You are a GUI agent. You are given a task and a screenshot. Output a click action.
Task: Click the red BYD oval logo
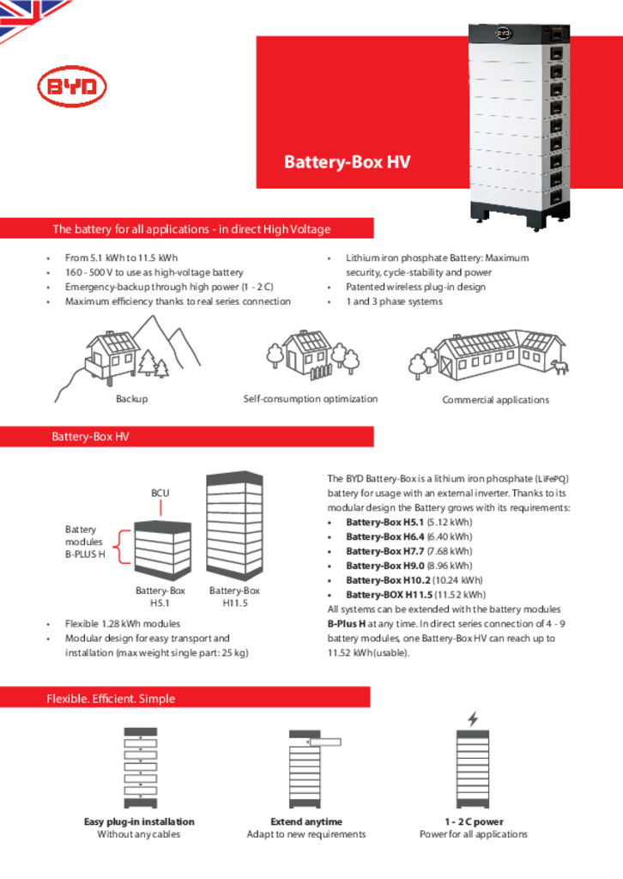pos(72,88)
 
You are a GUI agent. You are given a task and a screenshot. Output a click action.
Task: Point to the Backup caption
pos(131,399)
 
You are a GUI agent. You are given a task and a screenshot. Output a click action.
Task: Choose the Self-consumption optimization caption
pos(310,399)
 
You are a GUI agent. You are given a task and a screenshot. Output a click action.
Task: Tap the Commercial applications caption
pos(495,400)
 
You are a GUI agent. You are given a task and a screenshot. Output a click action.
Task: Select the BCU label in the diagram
pos(160,493)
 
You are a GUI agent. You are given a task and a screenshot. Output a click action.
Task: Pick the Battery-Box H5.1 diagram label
pos(160,597)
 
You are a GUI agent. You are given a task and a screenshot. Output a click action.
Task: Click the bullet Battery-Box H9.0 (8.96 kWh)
pos(408,566)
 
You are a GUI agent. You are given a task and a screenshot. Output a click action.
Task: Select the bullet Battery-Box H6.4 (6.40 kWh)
pos(408,536)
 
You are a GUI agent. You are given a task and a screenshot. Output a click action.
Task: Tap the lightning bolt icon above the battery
pos(473,718)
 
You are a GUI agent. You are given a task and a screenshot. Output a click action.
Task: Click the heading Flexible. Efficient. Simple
pos(111,699)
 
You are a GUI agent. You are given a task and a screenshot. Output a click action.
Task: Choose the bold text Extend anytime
pos(306,821)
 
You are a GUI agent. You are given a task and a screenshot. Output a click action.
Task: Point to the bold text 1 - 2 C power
pos(474,821)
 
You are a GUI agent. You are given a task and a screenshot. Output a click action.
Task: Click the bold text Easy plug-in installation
pos(139,821)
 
